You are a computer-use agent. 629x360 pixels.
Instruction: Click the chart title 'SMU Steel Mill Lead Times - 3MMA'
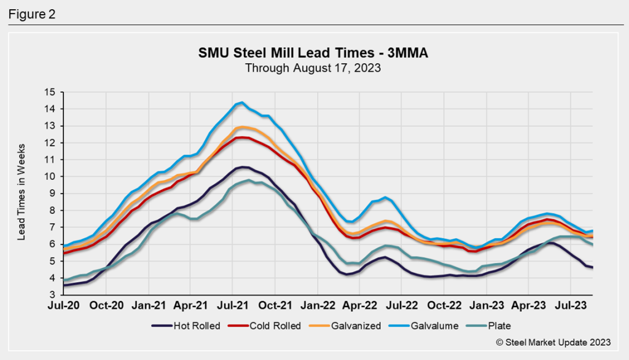313,53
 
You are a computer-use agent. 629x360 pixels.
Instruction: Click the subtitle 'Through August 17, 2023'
313,68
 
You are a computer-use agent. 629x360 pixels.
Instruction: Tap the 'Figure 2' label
31,14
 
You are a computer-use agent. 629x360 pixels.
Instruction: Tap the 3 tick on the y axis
52,295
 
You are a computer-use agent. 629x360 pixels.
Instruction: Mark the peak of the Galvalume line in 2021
242,103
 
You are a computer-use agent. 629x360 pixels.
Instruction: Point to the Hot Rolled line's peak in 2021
243,166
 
